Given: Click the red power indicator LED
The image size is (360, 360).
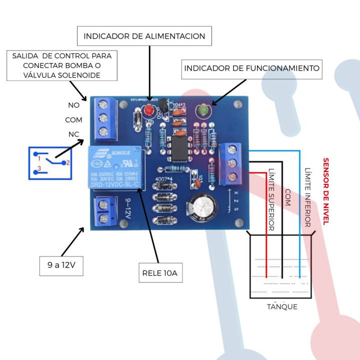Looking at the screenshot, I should point(148,110).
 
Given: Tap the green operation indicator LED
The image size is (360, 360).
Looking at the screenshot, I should point(203,109).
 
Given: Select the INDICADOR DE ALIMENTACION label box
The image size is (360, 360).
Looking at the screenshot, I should point(144,36).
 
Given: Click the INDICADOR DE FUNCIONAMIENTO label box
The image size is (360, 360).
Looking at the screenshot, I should point(251,68).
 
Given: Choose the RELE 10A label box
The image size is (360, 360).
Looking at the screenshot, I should point(159,273).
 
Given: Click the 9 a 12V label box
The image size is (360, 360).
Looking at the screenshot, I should point(61,265).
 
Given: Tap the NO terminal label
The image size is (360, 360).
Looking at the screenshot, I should point(73,105).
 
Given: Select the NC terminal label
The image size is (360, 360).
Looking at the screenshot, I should point(73,134).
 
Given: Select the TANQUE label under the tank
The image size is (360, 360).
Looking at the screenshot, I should point(282,306).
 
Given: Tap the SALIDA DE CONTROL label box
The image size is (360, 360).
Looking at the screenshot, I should point(62,65).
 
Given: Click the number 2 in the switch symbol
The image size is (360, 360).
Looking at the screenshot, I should point(68,162).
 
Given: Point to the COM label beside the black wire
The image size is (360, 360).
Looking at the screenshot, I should point(288,196).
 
